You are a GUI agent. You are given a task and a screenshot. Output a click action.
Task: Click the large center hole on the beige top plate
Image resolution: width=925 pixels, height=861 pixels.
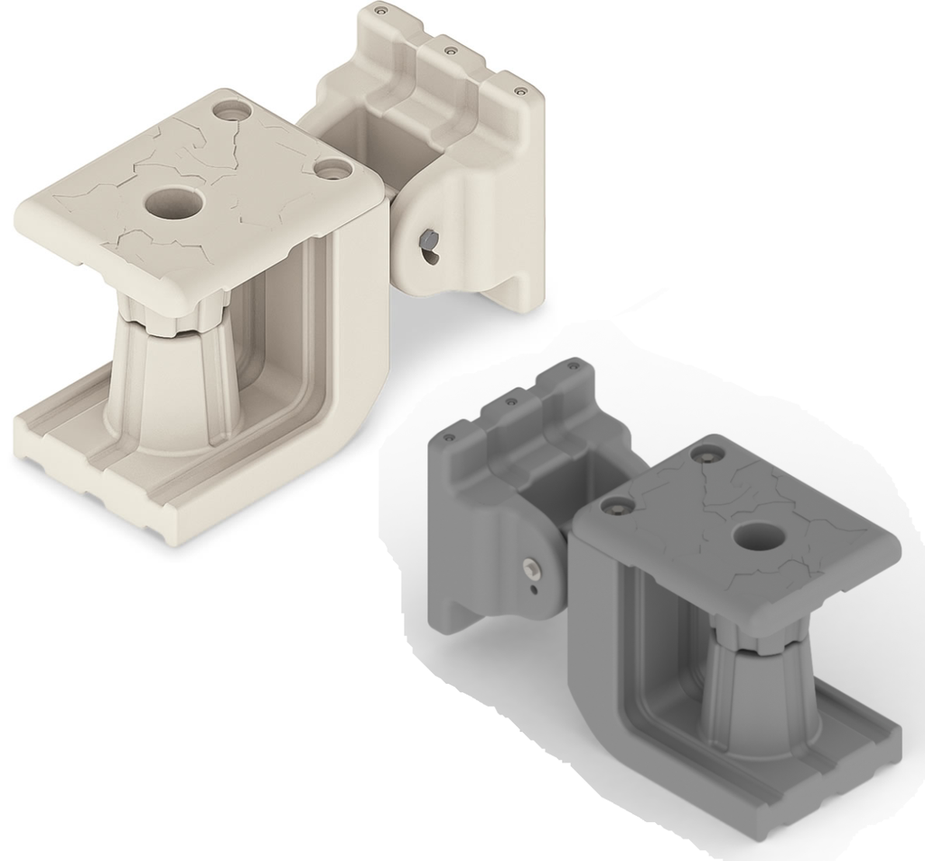(172, 203)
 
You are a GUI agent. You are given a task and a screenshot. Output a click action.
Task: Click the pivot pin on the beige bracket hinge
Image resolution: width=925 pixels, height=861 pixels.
(427, 240)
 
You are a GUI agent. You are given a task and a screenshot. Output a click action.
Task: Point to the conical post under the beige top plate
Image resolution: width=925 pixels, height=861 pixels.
(173, 388)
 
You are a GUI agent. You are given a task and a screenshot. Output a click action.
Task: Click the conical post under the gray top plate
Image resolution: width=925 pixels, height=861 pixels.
(757, 696)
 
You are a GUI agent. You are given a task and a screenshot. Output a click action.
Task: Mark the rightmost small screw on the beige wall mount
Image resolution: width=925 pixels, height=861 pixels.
(520, 90)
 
